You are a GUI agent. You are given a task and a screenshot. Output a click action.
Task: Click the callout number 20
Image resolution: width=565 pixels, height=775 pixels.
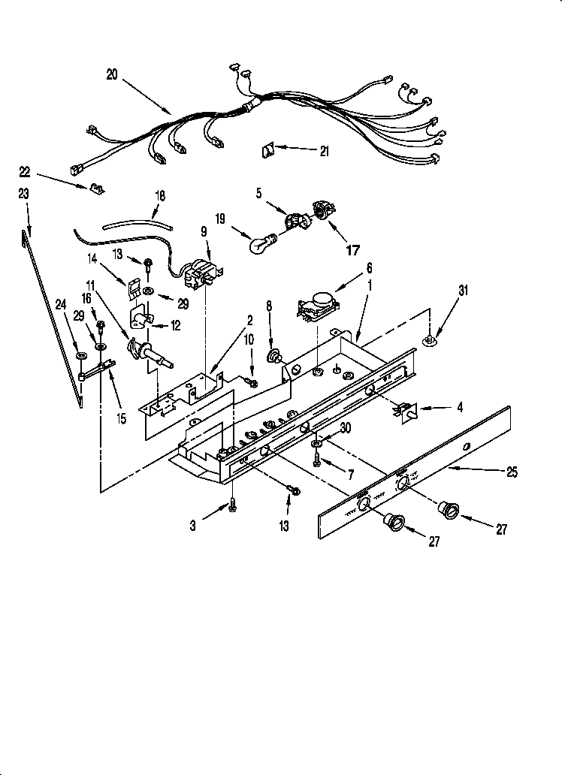pyautogui.click(x=112, y=74)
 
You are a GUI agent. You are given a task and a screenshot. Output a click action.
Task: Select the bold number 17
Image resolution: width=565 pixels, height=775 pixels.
pyautogui.click(x=352, y=252)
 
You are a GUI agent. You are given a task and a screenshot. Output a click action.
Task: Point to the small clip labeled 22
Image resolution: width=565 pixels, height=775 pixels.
pyautogui.click(x=95, y=187)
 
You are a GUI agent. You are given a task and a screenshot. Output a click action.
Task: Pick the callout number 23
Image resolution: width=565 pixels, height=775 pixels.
pyautogui.click(x=23, y=193)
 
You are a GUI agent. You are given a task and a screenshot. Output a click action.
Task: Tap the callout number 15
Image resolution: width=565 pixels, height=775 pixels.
pyautogui.click(x=121, y=418)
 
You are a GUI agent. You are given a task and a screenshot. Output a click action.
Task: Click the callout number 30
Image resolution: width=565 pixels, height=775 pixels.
pyautogui.click(x=346, y=428)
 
